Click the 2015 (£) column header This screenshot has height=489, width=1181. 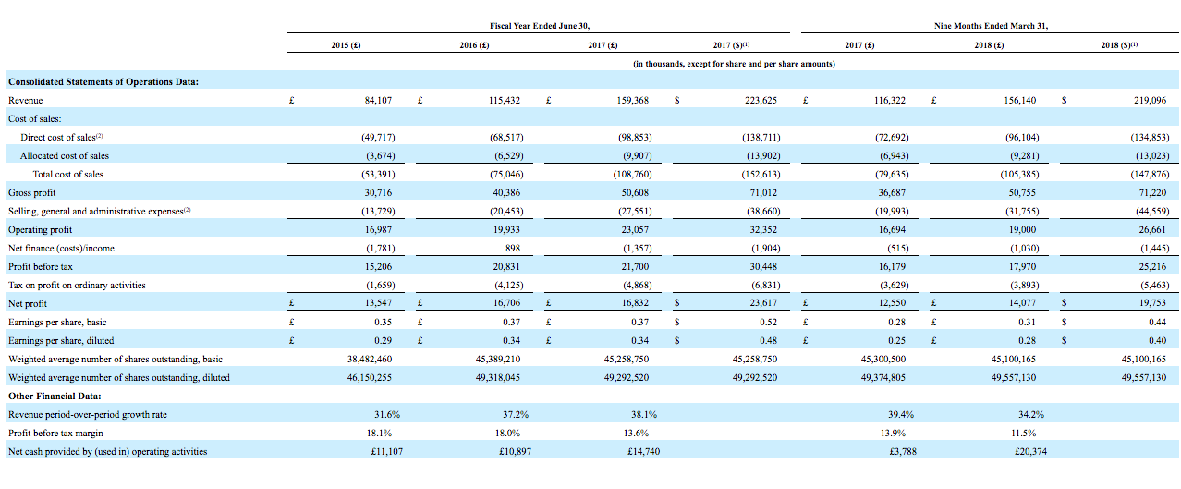[x=346, y=45]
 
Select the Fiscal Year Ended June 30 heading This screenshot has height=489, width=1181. [x=540, y=25]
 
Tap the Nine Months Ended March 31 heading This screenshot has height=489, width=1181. [x=991, y=25]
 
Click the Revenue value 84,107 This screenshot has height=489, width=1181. [x=378, y=100]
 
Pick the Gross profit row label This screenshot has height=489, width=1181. [x=31, y=192]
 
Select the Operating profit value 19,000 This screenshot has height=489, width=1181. [x=1022, y=229]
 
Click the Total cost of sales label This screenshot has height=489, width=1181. [x=68, y=174]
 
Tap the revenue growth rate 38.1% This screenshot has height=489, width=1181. [x=644, y=415]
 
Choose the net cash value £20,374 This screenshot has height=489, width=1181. [x=1030, y=451]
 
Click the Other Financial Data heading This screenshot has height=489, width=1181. [x=55, y=397]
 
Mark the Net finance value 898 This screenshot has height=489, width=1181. [x=513, y=248]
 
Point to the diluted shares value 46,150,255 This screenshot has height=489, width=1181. [x=369, y=378]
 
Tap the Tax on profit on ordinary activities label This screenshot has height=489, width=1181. [x=77, y=286]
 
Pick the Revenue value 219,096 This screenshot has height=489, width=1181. [x=1150, y=100]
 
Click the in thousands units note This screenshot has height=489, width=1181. [x=734, y=64]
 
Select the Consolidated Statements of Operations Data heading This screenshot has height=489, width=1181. [x=103, y=81]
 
